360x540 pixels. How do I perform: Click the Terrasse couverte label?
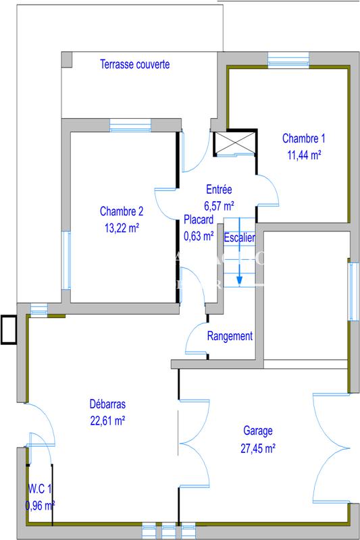(x=134, y=65)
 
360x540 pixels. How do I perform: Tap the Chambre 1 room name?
(x=303, y=139)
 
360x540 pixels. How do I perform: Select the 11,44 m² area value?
(x=303, y=154)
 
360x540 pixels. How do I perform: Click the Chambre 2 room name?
(x=122, y=209)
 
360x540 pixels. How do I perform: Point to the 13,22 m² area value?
(x=122, y=228)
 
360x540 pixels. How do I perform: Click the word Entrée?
(x=219, y=190)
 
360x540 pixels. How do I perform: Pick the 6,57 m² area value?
(x=219, y=205)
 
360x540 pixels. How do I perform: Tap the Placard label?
(x=199, y=220)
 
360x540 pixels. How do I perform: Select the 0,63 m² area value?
(x=199, y=236)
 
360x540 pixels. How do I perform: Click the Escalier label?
(x=239, y=237)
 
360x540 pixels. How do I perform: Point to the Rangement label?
(x=230, y=336)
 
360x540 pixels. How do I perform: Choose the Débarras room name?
(x=107, y=404)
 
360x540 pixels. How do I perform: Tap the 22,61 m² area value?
(x=107, y=420)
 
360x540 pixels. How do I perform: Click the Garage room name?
(x=257, y=431)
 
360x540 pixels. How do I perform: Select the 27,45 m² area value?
(x=257, y=447)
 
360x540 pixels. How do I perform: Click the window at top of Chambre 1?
(x=288, y=61)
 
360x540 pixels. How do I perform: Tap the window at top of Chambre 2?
(x=130, y=126)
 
